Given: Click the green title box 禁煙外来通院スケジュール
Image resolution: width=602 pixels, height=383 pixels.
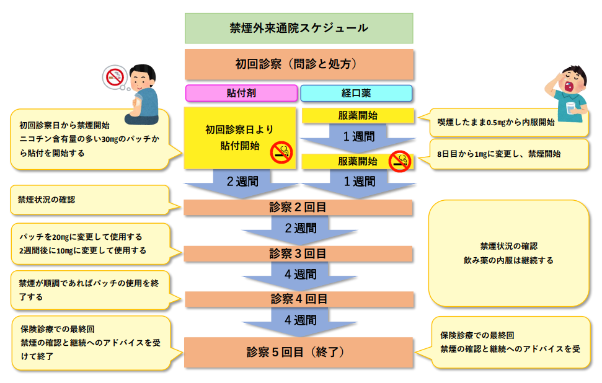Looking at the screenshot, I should (x=299, y=28).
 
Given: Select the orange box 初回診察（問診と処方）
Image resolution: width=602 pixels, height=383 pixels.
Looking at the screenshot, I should (x=299, y=64).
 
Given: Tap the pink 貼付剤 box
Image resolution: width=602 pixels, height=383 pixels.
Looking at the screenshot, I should (x=241, y=93).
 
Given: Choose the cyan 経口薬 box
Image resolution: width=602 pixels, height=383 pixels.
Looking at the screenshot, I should (x=356, y=93).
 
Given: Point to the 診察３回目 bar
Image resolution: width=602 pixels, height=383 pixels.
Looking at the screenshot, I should (x=299, y=253).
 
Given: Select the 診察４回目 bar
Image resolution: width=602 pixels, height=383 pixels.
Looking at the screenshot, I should (x=299, y=299).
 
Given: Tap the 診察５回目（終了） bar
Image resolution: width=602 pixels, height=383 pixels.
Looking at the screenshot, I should (x=299, y=352).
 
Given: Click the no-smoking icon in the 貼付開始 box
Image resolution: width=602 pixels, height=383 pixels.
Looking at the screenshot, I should (x=281, y=152).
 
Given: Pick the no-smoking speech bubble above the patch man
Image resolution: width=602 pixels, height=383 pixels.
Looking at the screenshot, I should (x=115, y=77).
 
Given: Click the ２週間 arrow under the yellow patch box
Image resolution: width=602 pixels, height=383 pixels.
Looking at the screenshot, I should (x=241, y=183).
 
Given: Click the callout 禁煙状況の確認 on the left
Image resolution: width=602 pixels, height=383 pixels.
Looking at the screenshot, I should (x=90, y=200).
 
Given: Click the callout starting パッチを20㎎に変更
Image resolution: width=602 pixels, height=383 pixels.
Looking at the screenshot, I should (x=90, y=244).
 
